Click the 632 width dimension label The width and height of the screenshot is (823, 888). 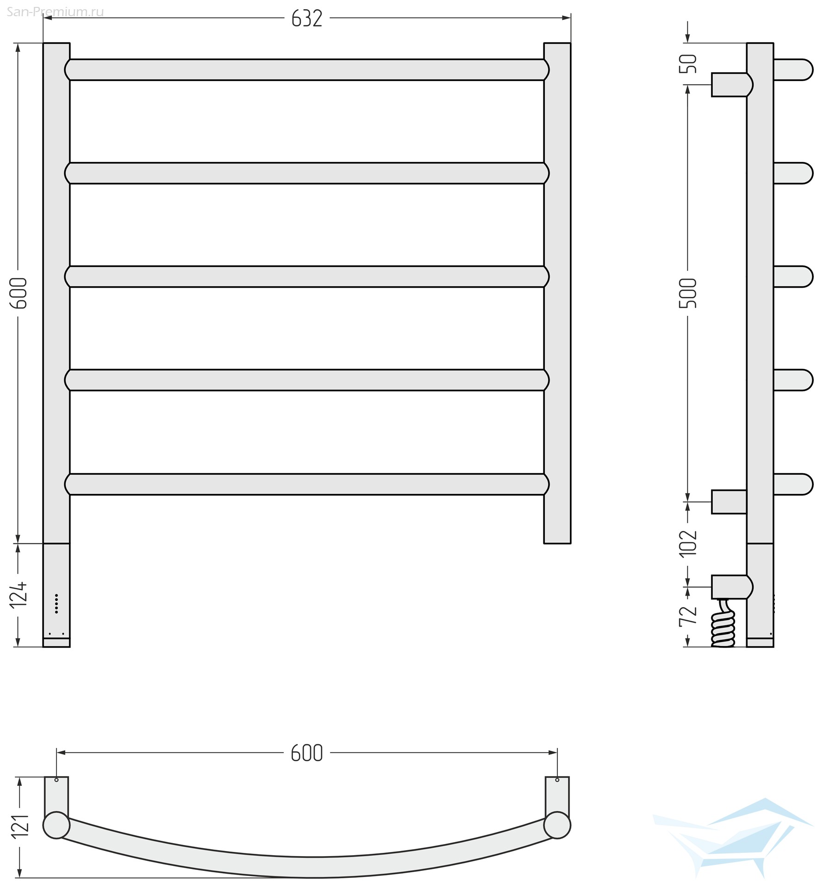tap(306, 19)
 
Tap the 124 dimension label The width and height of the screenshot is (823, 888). tap(19, 595)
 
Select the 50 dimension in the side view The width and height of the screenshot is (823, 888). tap(688, 63)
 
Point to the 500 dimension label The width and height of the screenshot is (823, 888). tap(688, 293)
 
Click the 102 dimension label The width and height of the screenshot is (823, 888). tap(688, 543)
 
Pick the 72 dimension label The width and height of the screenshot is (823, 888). tap(688, 615)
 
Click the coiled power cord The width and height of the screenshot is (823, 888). tap(723, 623)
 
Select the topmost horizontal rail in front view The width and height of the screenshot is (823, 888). tap(307, 70)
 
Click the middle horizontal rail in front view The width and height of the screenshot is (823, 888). tap(307, 277)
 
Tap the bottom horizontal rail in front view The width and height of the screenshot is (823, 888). tap(307, 484)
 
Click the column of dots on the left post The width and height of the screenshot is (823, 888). tap(56, 604)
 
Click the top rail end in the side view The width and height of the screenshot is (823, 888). tap(793, 70)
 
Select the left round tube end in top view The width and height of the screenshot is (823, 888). tap(56, 825)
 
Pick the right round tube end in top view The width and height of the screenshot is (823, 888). tap(557, 825)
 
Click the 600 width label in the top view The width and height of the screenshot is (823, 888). tap(306, 753)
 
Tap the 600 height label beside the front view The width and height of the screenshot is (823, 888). tap(19, 293)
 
